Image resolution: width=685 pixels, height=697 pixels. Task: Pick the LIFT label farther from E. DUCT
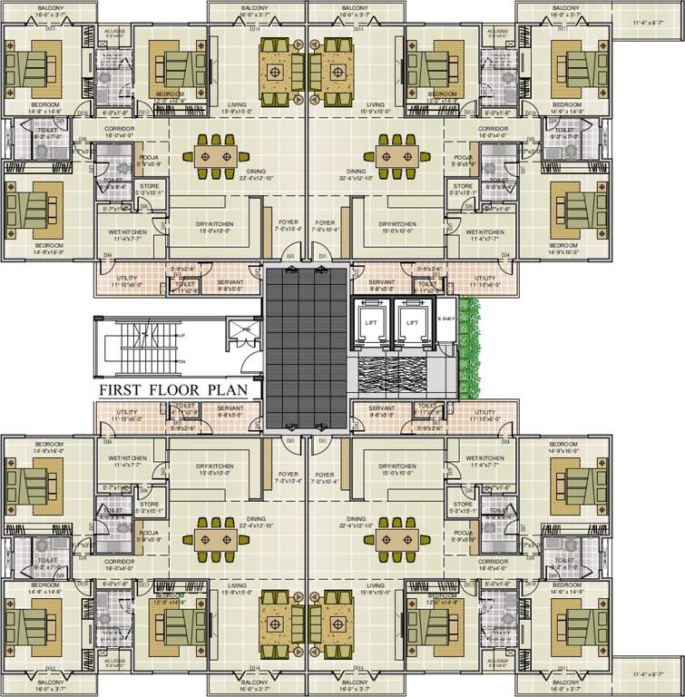pyautogui.click(x=371, y=322)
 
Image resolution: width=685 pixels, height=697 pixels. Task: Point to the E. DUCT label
pyautogui.click(x=445, y=318)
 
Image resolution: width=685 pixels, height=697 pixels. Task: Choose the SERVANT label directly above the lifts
pyautogui.click(x=381, y=282)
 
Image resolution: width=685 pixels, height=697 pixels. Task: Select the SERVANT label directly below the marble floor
pyautogui.click(x=381, y=408)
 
